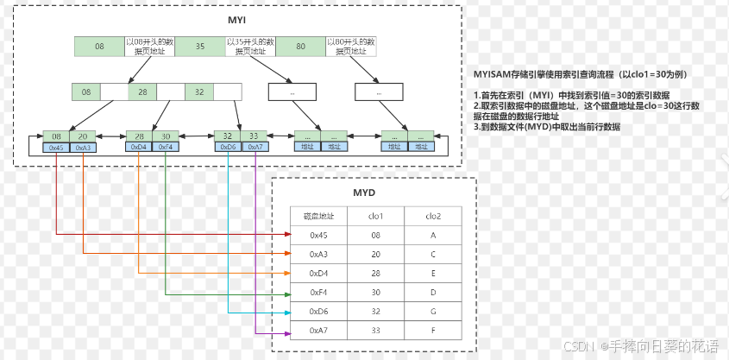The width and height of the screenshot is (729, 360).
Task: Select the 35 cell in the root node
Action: pyautogui.click(x=200, y=47)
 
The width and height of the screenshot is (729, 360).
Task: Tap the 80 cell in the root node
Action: pyautogui.click(x=300, y=47)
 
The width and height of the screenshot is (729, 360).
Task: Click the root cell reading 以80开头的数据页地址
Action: pyautogui.click(x=350, y=47)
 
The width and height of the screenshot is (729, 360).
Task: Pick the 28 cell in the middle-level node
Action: pyautogui.click(x=142, y=91)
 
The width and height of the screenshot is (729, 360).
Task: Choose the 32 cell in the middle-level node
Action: pyautogui.click(x=198, y=91)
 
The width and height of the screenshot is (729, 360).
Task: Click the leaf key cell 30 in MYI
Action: pyautogui.click(x=166, y=136)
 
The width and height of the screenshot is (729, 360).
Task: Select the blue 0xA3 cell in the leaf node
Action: pyautogui.click(x=81, y=148)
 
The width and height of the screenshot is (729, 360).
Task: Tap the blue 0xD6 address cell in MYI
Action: pyautogui.click(x=228, y=148)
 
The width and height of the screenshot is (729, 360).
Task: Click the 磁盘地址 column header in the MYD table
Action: pyautogui.click(x=318, y=216)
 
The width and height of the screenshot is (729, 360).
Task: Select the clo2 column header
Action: pyautogui.click(x=434, y=216)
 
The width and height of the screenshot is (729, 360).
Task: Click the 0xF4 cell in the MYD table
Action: pyautogui.click(x=318, y=292)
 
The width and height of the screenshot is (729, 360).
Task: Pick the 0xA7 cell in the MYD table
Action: pyautogui.click(x=318, y=329)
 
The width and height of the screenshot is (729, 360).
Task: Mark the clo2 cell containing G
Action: pyautogui.click(x=434, y=310)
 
